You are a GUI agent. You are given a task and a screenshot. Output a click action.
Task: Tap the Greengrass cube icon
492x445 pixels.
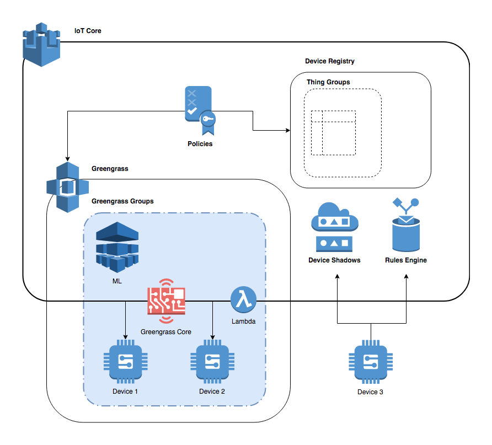coord(67,187)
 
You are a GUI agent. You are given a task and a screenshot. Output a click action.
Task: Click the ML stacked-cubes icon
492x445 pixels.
coord(117,246)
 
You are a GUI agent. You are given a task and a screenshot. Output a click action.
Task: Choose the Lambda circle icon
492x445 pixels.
coord(242,301)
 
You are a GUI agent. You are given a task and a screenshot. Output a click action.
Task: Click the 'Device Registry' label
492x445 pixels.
coord(330,61)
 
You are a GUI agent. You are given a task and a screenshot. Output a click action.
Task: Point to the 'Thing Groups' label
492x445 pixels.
coord(328,82)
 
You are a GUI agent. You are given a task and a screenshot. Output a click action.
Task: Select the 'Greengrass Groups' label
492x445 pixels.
coord(122,201)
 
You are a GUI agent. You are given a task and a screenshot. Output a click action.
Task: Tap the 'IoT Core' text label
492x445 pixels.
coord(88,31)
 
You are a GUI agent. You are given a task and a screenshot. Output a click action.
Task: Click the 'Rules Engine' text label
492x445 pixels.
coord(405,260)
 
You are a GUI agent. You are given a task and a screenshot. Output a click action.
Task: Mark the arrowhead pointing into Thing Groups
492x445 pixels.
coord(287,131)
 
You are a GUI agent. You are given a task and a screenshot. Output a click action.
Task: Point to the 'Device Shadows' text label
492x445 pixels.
coord(334,260)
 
